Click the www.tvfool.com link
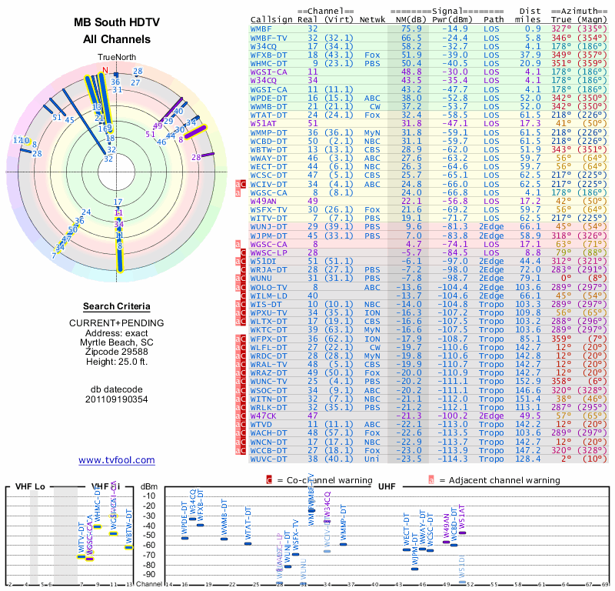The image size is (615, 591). tap(117, 460)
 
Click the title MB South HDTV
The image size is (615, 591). tap(117, 22)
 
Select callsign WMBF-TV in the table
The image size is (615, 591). tap(269, 37)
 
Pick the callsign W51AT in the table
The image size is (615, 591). tap(264, 123)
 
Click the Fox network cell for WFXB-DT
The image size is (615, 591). tap(372, 55)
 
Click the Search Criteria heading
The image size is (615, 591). tap(117, 306)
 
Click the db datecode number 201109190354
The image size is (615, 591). tap(117, 399)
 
